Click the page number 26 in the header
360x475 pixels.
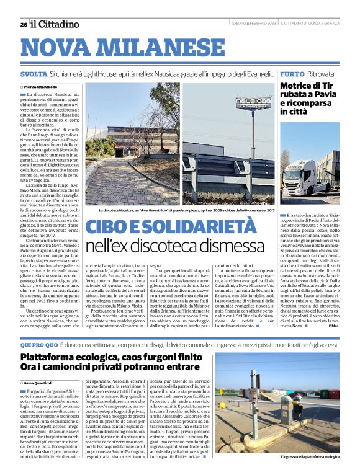(x=23, y=25)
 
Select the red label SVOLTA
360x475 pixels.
(x=34, y=74)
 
